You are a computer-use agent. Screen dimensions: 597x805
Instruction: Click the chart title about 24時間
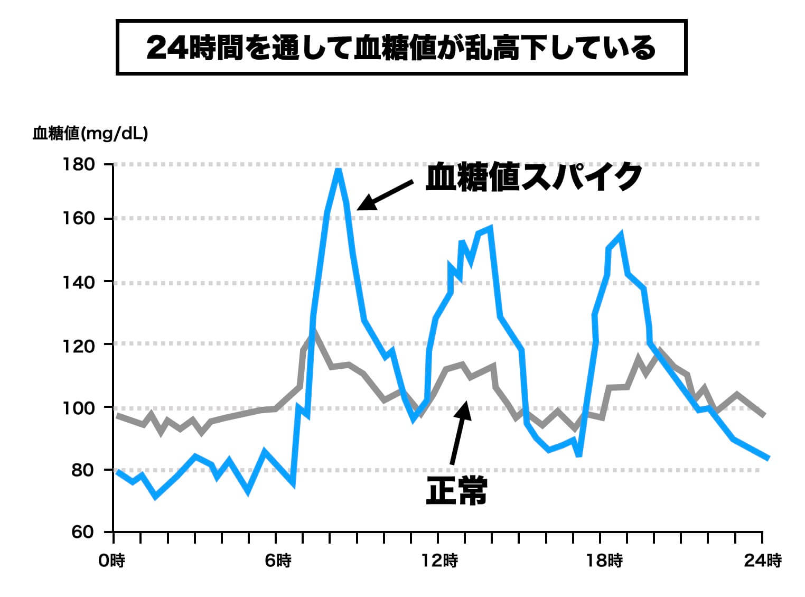[x=401, y=48]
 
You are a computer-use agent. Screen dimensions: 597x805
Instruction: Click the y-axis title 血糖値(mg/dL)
[x=90, y=133]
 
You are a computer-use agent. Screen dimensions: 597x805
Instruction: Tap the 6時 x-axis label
[x=276, y=561]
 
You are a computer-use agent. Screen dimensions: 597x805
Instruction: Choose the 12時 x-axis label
[x=439, y=561]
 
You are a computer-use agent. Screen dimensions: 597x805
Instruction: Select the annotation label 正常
[x=456, y=491]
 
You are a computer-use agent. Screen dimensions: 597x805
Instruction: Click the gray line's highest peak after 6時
[x=314, y=332]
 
